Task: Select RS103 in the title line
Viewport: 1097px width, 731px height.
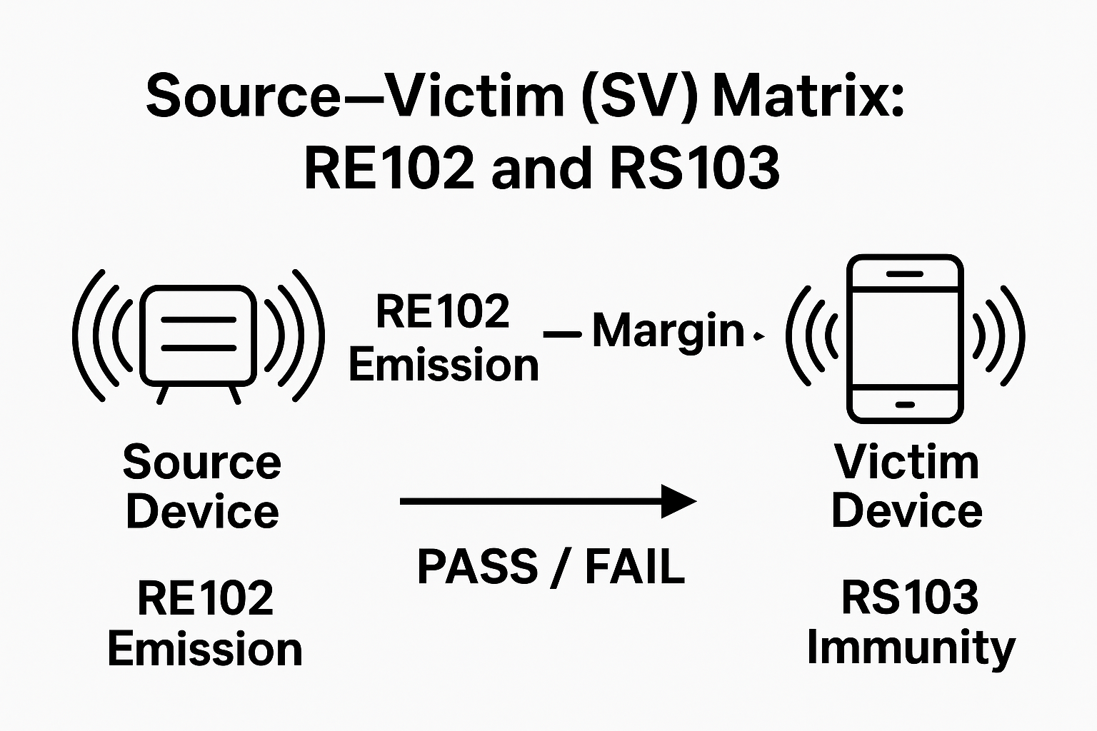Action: click(694, 169)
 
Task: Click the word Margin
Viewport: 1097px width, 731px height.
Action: click(668, 332)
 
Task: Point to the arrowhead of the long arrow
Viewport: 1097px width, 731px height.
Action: click(678, 501)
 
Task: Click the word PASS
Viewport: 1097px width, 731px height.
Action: click(477, 568)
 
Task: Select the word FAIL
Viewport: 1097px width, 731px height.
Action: click(635, 568)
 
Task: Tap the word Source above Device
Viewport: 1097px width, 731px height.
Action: click(202, 463)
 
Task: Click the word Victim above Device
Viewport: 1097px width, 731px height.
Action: click(907, 463)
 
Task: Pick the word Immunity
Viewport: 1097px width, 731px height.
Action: click(911, 648)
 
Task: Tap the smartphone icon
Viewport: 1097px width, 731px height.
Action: click(905, 338)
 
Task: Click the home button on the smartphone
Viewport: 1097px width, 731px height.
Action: click(905, 405)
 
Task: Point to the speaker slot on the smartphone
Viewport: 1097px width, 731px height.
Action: click(905, 274)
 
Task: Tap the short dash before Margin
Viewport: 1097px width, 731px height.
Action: click(562, 333)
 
